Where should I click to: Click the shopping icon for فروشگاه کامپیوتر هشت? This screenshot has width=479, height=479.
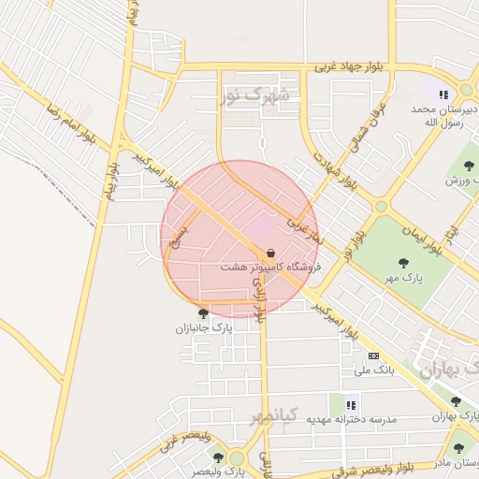point(271,253)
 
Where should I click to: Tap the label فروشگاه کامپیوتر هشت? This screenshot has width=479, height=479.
point(270,267)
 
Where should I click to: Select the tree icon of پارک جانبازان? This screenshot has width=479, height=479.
point(203,313)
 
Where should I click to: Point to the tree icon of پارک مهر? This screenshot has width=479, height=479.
point(403,263)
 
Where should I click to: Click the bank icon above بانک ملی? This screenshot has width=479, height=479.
point(374,356)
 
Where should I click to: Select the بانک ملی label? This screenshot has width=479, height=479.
point(371,370)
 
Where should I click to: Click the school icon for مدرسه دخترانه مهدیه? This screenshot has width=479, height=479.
point(352,405)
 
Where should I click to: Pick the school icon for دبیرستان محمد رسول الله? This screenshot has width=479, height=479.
point(443,94)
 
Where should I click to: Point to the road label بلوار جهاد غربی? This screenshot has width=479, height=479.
point(350,67)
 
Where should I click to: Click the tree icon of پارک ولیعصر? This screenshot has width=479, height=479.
point(218,457)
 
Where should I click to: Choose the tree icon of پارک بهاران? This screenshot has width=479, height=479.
point(456,401)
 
